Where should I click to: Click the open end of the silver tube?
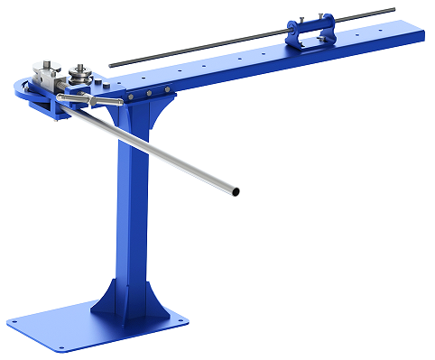[236, 191]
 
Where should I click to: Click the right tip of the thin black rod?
[393, 10]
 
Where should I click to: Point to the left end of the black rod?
[111, 64]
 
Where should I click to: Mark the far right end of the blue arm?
[421, 35]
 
